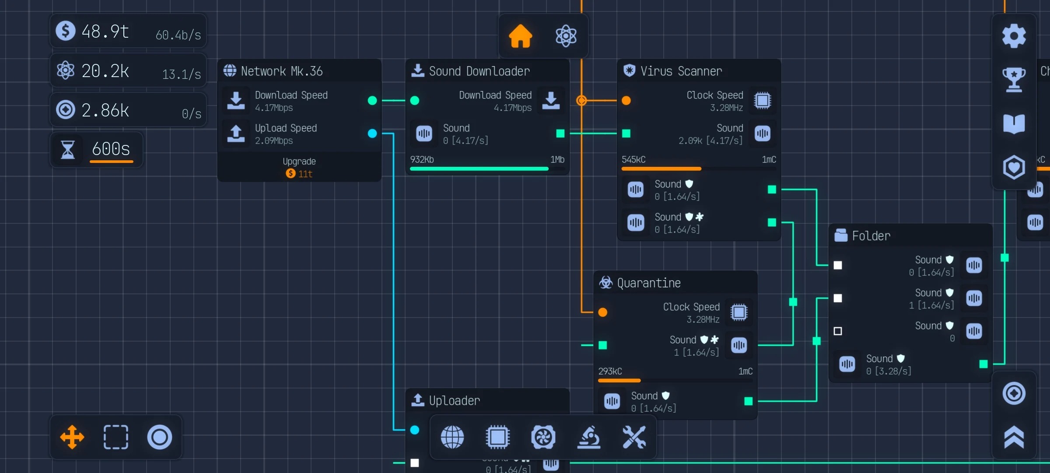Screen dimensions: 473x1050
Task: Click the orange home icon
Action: point(520,36)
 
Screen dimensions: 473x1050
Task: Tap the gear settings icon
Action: point(1014,36)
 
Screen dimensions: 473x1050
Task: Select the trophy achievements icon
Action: point(1014,79)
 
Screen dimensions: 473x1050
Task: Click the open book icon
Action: point(1014,124)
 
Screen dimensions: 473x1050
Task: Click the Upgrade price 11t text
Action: point(300,174)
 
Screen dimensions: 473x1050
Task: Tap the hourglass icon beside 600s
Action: point(67,149)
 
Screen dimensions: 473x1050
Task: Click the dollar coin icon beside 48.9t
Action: point(66,31)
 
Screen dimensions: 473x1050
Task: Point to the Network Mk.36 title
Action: point(281,71)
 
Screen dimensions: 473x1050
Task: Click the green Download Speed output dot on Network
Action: point(372,101)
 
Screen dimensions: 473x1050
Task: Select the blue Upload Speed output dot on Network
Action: point(372,134)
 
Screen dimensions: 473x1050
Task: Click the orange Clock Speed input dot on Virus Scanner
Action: point(626,101)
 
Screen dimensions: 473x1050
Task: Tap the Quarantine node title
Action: point(648,283)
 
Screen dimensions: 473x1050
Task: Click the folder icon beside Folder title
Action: point(840,236)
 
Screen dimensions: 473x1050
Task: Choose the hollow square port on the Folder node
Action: point(837,331)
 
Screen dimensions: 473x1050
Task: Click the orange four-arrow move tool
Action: point(72,437)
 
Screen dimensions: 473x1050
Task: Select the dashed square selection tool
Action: point(115,437)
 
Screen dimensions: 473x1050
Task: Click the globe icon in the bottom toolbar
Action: point(452,437)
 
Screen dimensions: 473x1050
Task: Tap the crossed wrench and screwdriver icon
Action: point(634,437)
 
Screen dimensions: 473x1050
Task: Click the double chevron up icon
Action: point(1014,437)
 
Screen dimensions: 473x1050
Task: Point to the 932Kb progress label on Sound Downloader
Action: point(422,159)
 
